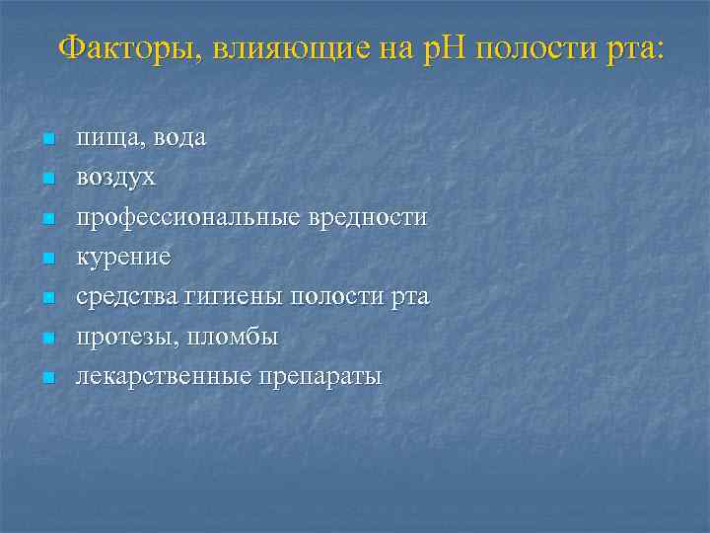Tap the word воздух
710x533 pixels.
pos(116,178)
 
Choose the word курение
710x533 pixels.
pos(124,258)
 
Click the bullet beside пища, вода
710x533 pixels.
pos(45,139)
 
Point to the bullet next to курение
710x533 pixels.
pos(45,259)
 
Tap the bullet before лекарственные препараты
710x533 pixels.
pos(45,378)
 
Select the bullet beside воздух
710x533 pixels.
pos(45,179)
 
